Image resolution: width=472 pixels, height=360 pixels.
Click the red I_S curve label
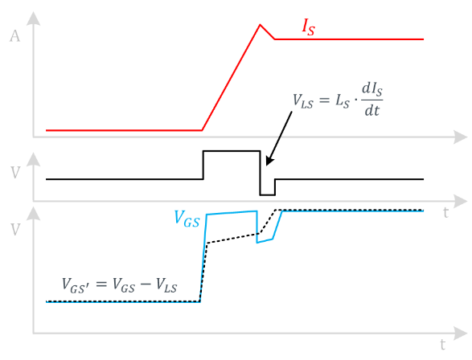click(309, 27)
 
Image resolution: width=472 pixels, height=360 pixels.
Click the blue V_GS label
click(187, 219)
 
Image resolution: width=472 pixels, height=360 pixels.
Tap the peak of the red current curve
click(260, 25)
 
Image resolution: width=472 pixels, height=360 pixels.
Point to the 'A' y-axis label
click(14, 36)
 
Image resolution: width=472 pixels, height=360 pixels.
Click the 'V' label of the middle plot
click(15, 173)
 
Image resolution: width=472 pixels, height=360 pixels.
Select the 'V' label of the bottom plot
click(15, 230)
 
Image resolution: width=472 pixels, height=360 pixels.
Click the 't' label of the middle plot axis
click(445, 213)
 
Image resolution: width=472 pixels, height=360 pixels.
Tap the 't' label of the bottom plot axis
click(442, 345)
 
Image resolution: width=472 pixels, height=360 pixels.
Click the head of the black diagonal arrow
click(269, 161)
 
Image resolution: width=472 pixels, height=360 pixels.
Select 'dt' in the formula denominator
click(372, 111)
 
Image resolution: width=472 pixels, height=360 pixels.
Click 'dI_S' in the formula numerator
click(372, 89)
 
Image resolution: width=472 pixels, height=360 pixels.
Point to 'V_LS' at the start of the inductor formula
click(303, 100)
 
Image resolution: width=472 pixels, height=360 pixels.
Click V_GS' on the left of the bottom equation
click(76, 285)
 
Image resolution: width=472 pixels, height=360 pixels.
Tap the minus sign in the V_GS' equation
click(146, 284)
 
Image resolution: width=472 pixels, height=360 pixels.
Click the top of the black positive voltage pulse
click(232, 151)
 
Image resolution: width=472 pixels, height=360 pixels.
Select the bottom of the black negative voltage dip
click(268, 195)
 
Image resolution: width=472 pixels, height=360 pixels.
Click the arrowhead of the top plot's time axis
click(461, 137)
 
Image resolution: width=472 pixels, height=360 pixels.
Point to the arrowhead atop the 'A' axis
click(34, 18)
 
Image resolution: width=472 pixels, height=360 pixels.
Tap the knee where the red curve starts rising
click(202, 130)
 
